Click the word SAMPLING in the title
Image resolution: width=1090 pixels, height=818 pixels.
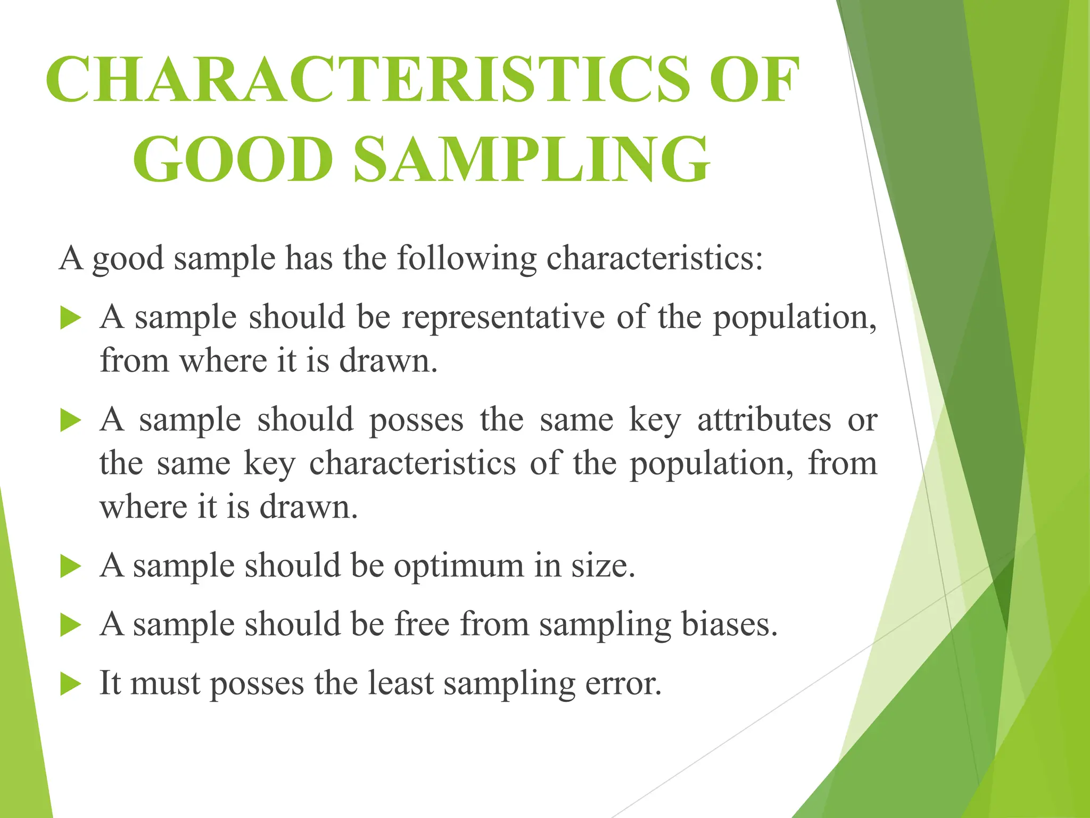(532, 159)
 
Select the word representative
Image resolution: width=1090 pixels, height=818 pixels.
(503, 317)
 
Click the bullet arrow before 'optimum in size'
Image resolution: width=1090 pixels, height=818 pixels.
(71, 566)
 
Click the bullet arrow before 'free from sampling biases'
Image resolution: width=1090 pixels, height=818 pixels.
(71, 625)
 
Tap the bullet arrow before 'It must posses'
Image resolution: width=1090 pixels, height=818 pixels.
(71, 684)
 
